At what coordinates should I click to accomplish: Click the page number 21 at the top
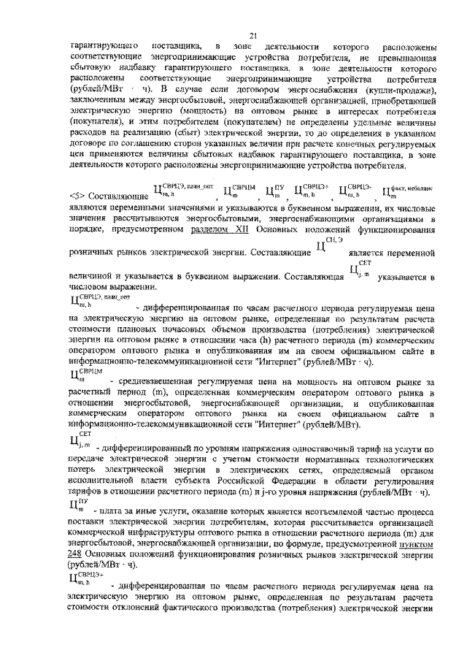pyautogui.click(x=252, y=35)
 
